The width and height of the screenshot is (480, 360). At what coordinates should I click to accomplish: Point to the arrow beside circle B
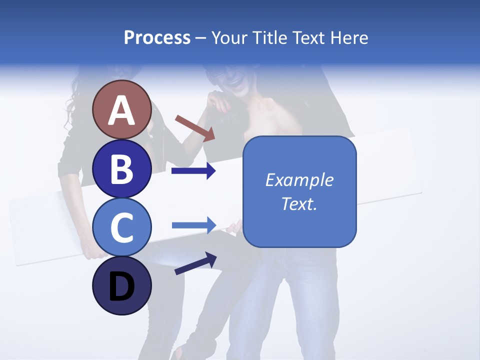193,171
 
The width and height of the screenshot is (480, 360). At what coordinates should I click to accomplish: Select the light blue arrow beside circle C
193,225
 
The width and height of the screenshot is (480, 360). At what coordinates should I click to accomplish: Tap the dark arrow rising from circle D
195,263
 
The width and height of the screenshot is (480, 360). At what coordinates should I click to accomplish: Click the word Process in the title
157,38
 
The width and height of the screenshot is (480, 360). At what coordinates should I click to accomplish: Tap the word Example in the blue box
299,180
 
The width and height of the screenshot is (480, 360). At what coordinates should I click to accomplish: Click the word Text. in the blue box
299,203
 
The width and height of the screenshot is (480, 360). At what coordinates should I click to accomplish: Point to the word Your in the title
228,38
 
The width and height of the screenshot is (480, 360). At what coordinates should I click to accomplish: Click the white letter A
121,110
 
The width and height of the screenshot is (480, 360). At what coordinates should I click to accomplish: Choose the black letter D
121,287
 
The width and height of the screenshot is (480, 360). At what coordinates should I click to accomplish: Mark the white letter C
121,227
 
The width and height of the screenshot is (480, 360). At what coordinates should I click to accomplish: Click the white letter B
121,169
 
